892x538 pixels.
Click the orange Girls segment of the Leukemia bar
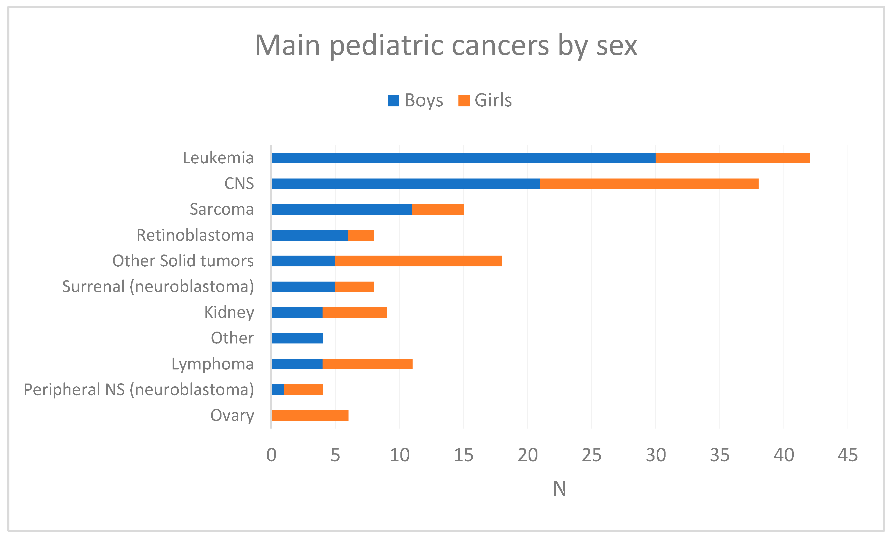732,158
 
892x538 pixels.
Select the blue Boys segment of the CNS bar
405,184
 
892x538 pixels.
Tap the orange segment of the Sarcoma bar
438,209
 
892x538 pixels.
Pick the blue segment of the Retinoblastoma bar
310,235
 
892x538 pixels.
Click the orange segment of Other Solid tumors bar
418,261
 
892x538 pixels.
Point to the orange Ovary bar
310,415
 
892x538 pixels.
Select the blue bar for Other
297,338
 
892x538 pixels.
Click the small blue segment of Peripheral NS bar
278,389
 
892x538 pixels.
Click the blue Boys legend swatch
393,100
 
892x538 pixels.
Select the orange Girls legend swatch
464,100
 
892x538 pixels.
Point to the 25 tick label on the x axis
591,455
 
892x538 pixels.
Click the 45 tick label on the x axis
848,455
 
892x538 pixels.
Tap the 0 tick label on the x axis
271,455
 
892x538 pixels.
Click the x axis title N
559,489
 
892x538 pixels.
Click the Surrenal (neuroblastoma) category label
158,287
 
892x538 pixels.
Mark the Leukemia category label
218,158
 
